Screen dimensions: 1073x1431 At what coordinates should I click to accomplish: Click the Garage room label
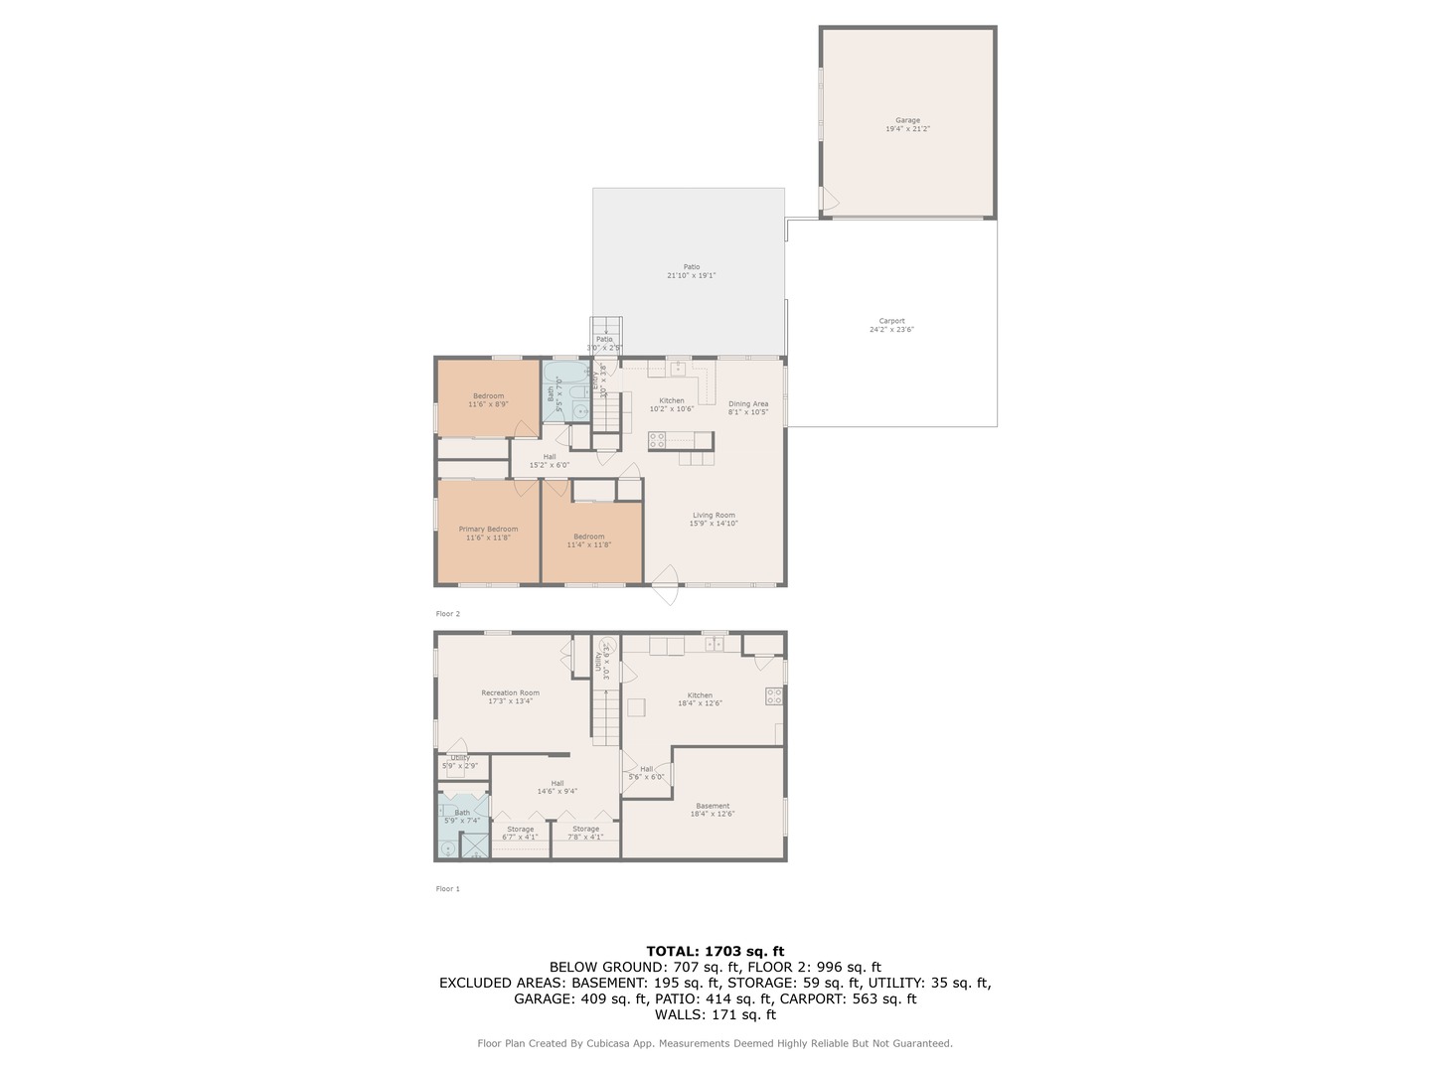(907, 124)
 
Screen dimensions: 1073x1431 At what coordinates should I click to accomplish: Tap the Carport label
(891, 325)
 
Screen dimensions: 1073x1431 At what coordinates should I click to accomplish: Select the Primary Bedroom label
(488, 534)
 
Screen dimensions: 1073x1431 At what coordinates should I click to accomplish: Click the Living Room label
(714, 519)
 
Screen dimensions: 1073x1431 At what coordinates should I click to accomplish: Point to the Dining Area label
(747, 407)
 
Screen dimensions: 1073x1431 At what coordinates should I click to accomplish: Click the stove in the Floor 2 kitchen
(657, 440)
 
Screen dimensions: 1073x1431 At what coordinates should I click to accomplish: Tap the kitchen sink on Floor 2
(678, 369)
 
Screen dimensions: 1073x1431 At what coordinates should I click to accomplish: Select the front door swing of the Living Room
(665, 585)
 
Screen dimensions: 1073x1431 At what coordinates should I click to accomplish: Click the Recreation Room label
(510, 696)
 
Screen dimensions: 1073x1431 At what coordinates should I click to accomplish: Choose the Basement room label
(712, 810)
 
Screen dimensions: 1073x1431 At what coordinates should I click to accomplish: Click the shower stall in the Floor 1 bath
(475, 846)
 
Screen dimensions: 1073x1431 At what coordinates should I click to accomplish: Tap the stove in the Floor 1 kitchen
(773, 696)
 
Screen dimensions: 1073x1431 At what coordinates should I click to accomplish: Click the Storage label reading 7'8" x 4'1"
(585, 833)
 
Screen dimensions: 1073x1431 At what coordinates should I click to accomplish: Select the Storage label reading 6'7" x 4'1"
(520, 833)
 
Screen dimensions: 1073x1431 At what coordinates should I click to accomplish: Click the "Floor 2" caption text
(448, 614)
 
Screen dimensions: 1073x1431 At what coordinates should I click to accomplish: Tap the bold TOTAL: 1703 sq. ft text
(715, 951)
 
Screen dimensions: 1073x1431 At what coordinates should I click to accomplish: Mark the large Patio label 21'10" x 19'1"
(691, 271)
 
